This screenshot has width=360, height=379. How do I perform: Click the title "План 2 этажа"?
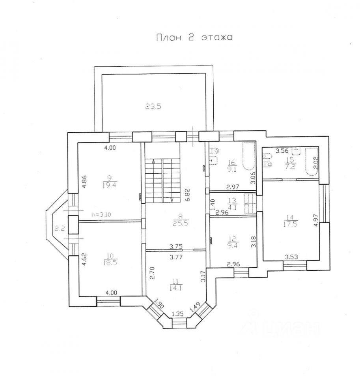(194, 38)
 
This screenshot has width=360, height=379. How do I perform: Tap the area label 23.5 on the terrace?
(153, 106)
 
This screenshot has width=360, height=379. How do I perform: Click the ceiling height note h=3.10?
(101, 214)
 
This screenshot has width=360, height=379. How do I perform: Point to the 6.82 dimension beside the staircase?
(188, 195)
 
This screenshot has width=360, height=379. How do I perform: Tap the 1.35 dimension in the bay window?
(178, 314)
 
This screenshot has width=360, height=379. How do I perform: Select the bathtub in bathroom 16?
(249, 156)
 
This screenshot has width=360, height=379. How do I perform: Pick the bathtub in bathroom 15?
(312, 161)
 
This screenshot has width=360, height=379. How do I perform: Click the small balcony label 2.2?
(60, 228)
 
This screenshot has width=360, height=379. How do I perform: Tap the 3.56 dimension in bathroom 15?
(282, 151)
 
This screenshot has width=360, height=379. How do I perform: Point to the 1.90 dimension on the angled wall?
(159, 304)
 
